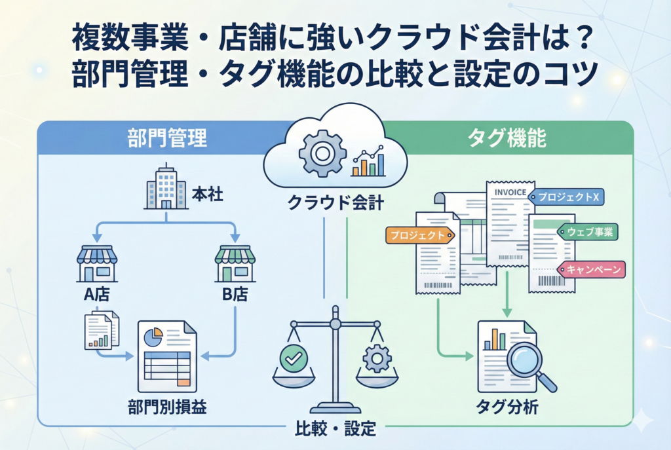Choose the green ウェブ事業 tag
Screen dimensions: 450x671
coord(588,232)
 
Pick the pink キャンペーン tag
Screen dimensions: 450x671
coord(592,269)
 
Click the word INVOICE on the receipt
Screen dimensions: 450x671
coord(510,193)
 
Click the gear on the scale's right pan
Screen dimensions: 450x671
coord(377,358)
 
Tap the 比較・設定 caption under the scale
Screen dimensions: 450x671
coord(335,429)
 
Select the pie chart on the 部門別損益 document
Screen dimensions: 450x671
coord(153,337)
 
